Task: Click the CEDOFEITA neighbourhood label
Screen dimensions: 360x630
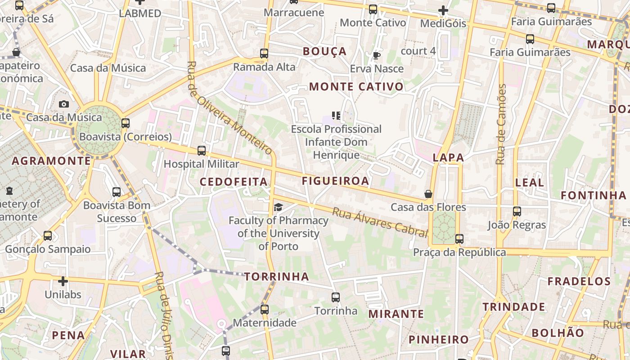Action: pos(234,182)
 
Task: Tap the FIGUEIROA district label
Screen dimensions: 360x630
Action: pos(335,181)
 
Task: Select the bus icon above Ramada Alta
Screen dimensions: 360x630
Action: pos(264,54)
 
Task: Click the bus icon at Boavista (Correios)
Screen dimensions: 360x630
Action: pos(126,123)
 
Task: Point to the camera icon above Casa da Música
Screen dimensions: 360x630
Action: pos(64,104)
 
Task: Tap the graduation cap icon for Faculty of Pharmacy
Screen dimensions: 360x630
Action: pos(279,207)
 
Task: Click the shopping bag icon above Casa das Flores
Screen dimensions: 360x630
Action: pos(428,194)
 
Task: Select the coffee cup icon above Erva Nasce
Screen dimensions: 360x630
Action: pos(377,55)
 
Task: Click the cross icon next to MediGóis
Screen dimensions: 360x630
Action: pos(443,10)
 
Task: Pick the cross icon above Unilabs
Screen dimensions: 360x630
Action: pos(63,281)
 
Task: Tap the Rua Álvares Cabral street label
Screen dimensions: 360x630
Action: pos(380,222)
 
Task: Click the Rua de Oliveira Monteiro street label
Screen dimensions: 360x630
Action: pos(229,108)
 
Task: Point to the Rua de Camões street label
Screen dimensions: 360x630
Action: pos(501,124)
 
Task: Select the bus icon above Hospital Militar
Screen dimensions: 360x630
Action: pos(202,151)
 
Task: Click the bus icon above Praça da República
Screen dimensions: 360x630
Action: pos(459,239)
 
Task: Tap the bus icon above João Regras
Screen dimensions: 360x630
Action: pos(517,211)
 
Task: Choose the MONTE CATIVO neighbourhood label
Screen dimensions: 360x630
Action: pos(356,86)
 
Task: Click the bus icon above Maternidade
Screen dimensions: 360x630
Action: pos(265,310)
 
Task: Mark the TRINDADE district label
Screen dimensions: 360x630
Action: pos(514,307)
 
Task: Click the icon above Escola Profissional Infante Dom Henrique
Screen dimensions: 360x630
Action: pos(336,116)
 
